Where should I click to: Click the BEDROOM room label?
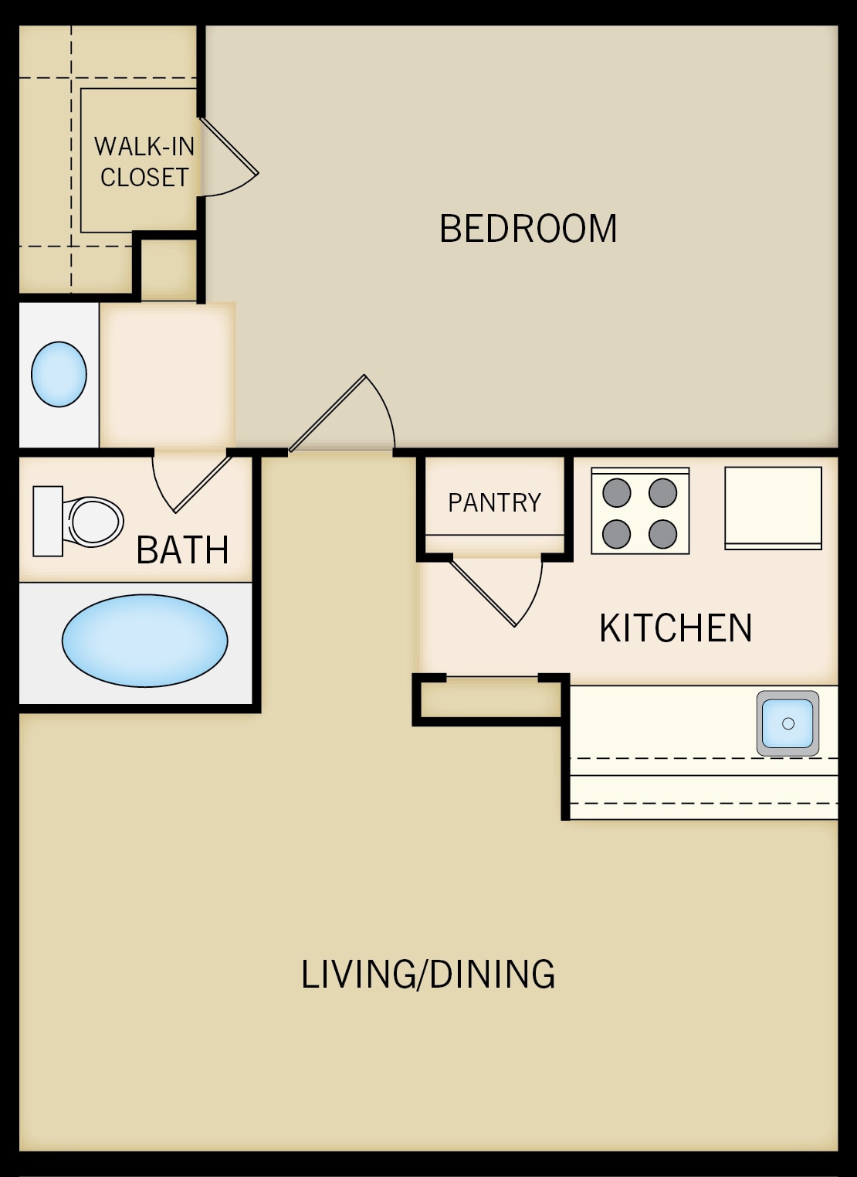528,229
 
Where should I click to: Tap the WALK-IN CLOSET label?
144,162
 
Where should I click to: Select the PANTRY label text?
494,503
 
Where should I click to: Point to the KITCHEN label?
676,628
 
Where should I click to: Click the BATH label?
182,550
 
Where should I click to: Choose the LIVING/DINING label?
428,974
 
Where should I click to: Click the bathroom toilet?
93,521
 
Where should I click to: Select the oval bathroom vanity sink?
59,374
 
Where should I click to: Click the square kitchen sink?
788,723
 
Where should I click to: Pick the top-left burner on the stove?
616,492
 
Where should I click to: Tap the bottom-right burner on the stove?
663,533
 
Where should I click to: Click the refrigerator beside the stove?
773,508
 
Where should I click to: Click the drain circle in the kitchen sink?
788,724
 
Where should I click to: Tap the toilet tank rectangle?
47,521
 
